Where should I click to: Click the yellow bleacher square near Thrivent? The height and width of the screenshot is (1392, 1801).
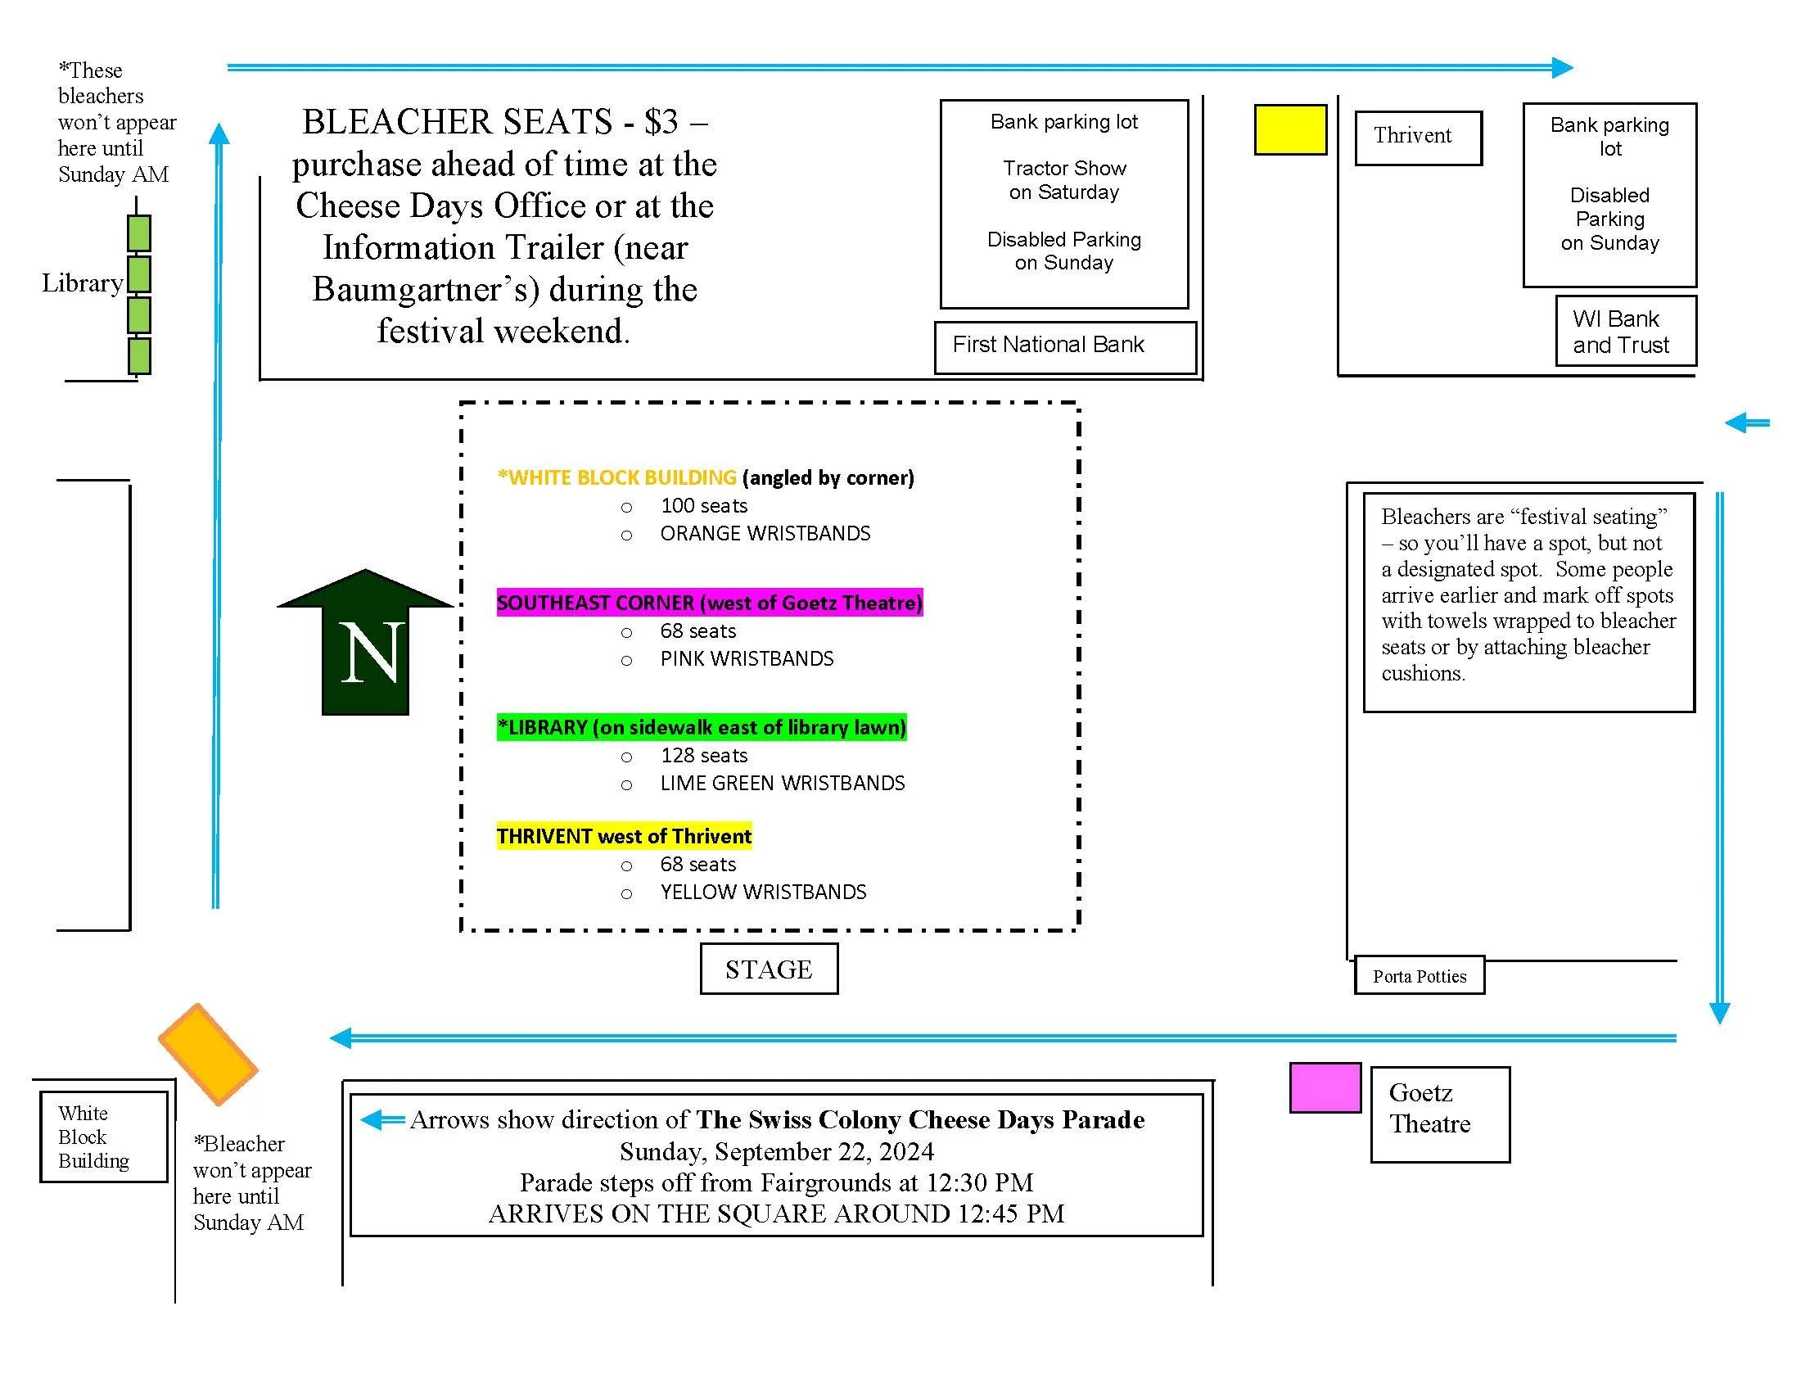(1289, 129)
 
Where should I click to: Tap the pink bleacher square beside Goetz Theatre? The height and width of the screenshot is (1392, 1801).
(1325, 1087)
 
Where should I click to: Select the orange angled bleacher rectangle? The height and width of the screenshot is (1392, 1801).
(208, 1054)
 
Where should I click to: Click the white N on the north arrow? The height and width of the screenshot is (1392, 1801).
(372, 653)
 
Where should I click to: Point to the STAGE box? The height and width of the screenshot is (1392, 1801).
(769, 969)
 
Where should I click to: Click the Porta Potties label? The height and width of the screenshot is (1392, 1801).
(1420, 976)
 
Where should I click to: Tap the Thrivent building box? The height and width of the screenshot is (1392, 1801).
(1418, 137)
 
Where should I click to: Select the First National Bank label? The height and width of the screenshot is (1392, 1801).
(1048, 345)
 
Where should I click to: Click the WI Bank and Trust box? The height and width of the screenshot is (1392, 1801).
(1624, 332)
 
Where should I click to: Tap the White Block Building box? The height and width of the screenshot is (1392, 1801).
(103, 1137)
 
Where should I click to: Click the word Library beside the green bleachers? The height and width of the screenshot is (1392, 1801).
(83, 283)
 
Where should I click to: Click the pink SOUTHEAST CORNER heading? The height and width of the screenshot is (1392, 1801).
(709, 603)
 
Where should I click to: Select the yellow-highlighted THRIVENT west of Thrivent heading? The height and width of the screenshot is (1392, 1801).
(624, 836)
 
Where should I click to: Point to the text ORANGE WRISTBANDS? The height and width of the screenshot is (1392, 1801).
(765, 534)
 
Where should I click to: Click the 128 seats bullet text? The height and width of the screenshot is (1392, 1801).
(703, 756)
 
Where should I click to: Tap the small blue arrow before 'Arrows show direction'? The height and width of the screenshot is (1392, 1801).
(382, 1120)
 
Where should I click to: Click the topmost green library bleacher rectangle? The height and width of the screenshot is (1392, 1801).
(138, 233)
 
